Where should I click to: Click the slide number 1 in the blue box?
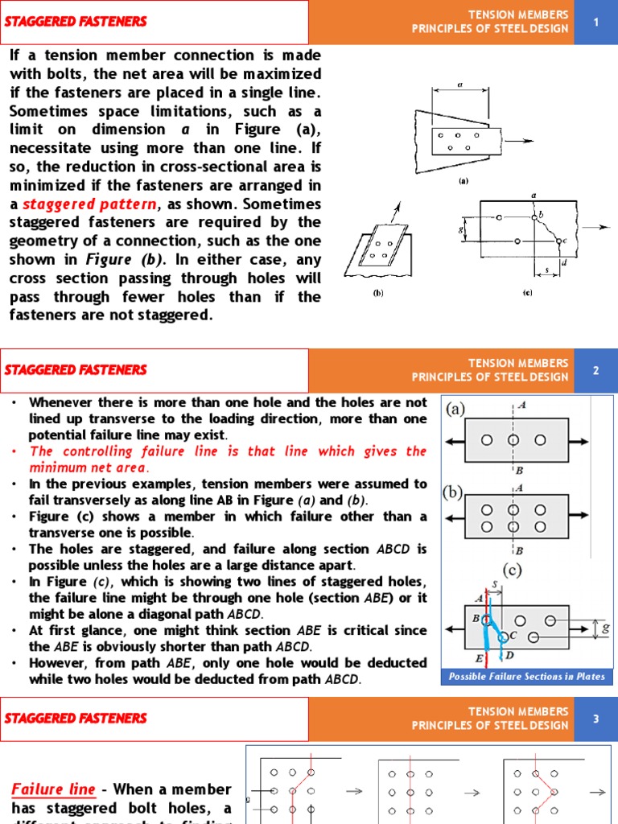pos(596,22)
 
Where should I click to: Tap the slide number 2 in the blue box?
pos(596,370)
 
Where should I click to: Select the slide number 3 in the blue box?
pos(596,719)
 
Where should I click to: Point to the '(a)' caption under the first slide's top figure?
pos(463,181)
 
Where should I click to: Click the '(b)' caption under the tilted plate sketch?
pos(377,293)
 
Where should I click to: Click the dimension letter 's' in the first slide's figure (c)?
pos(547,270)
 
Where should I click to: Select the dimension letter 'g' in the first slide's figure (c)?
pos(460,229)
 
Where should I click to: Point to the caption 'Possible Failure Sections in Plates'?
pos(527,677)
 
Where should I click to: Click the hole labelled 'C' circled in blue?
pos(503,637)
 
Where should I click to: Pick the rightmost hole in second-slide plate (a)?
pos(540,439)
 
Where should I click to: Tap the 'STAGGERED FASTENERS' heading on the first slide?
pos(76,22)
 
